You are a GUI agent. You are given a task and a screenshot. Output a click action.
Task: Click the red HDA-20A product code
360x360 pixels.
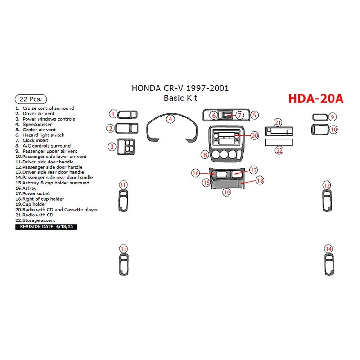click(x=315, y=99)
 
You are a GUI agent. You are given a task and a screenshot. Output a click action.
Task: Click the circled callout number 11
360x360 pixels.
click(x=123, y=185)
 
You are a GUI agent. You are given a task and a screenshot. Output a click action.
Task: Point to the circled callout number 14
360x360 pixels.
click(x=329, y=249)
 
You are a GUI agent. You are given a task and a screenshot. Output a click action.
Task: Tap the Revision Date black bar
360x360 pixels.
click(x=46, y=227)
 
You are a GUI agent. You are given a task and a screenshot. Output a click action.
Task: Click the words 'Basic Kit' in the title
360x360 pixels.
click(x=180, y=98)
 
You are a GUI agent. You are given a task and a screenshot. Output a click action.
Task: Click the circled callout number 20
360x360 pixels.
click(x=255, y=135)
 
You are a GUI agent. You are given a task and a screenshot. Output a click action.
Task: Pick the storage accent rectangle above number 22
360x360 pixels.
click(x=279, y=142)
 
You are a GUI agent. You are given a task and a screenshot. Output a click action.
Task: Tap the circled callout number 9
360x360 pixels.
click(x=332, y=117)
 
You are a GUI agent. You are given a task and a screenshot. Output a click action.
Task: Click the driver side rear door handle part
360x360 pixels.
click(x=123, y=265)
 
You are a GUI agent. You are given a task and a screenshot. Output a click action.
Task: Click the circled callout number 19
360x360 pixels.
click(x=227, y=192)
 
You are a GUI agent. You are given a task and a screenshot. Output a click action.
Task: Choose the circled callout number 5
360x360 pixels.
click(x=254, y=115)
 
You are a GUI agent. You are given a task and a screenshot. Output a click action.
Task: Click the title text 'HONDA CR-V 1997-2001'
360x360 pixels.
click(x=180, y=88)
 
